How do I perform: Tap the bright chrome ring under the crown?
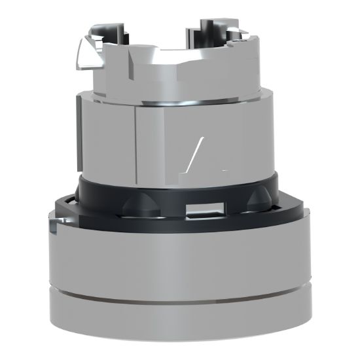pos(177,101)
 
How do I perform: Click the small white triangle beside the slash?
pos(223,169)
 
